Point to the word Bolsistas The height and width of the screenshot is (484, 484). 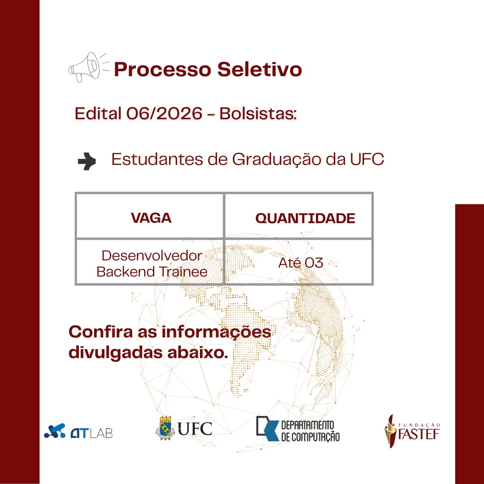click(x=258, y=113)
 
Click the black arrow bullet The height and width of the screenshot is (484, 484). click(x=87, y=161)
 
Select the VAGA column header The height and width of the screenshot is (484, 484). click(x=151, y=218)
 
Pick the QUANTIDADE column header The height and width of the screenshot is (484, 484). click(x=305, y=218)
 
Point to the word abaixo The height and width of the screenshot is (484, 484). click(x=198, y=353)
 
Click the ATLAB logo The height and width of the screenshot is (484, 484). click(x=78, y=431)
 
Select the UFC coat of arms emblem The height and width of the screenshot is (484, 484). click(x=165, y=428)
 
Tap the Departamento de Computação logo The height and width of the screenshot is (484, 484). click(x=298, y=429)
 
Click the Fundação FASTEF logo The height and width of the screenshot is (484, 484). click(x=412, y=431)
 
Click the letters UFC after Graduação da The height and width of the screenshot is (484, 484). click(x=367, y=160)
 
